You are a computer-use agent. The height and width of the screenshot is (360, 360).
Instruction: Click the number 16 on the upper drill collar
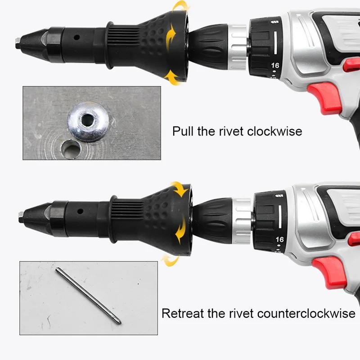(x=275, y=66)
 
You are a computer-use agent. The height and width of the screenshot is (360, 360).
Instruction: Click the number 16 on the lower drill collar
(x=279, y=239)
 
